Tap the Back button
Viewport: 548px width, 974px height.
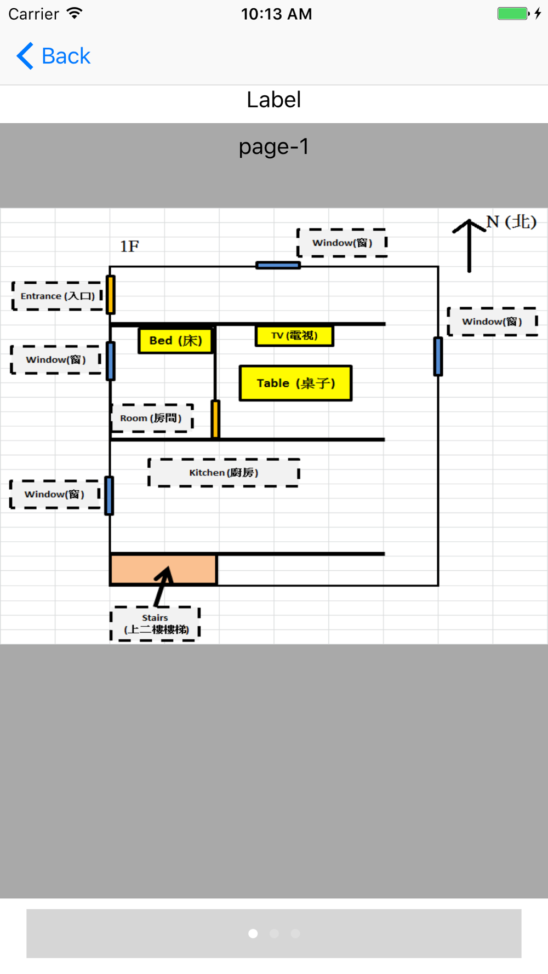pos(54,56)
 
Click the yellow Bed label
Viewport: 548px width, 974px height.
pos(175,341)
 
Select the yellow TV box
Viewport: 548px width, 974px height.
pos(294,336)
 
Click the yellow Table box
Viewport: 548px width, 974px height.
pos(295,383)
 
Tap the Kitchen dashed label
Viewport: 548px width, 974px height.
pos(224,473)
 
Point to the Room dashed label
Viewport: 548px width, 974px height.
pos(152,419)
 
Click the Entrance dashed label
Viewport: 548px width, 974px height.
pos(58,296)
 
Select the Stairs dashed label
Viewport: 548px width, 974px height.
pos(155,623)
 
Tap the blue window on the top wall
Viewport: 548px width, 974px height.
pos(278,266)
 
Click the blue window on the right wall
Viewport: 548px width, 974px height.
pos(438,357)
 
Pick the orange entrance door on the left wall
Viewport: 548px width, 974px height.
pos(111,295)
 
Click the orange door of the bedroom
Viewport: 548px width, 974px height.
pos(215,419)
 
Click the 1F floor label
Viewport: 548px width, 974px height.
pos(130,247)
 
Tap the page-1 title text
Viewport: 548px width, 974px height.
pos(274,147)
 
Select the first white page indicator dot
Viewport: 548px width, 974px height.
pos(253,933)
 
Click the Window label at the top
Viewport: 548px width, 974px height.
pos(342,243)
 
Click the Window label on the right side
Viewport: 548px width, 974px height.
pos(492,322)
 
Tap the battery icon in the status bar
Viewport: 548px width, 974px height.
pos(513,14)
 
